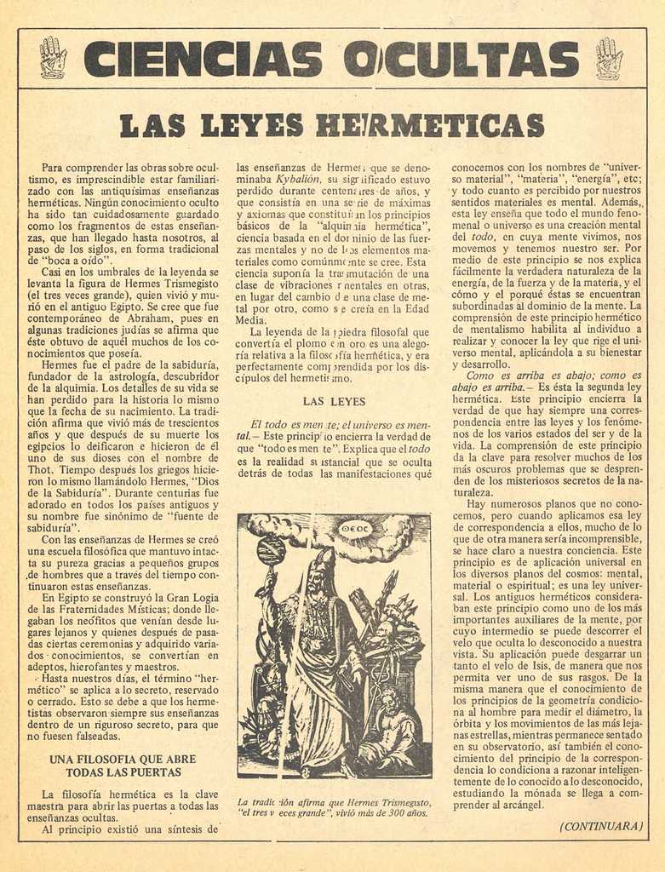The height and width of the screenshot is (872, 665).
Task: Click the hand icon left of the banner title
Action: coord(53,57)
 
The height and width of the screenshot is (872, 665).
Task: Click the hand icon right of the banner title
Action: coord(609,58)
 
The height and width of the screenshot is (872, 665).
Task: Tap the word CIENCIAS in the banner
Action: coord(204,59)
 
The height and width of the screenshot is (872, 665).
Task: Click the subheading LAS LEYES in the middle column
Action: coord(334,401)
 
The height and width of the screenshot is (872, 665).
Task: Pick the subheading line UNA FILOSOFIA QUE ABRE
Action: coord(123,759)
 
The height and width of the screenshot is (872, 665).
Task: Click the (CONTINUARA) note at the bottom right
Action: coord(600,825)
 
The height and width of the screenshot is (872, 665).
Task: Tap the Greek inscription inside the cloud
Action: coord(355,528)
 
